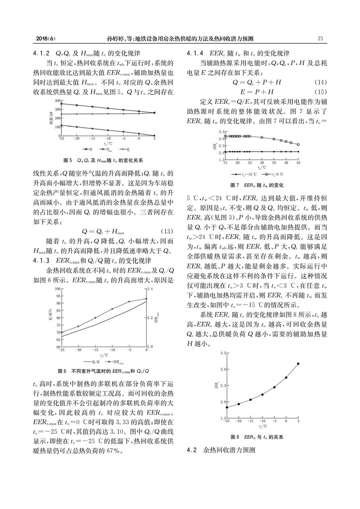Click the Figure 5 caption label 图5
[x=68, y=160]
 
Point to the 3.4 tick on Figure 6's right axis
[x=152, y=288]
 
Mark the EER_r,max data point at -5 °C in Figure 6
[x=129, y=302]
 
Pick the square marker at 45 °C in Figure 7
[x=298, y=145]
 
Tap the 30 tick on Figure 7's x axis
[x=262, y=163]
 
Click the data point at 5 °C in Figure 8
[x=298, y=364]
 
